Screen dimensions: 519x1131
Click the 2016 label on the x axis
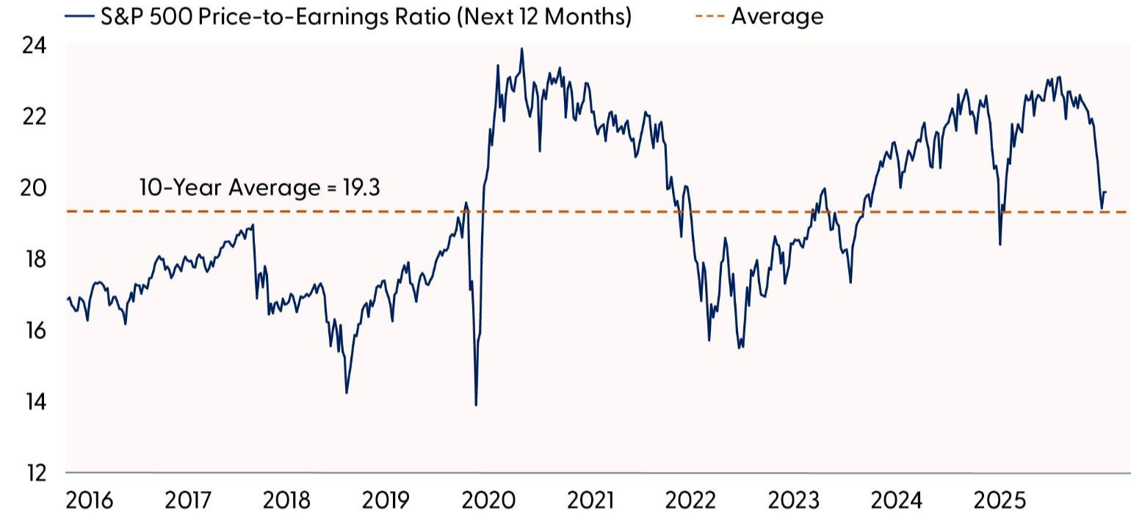coord(90,501)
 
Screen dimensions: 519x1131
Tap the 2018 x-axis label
coord(286,501)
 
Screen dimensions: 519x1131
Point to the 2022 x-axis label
coord(690,501)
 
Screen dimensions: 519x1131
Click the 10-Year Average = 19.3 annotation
coord(260,188)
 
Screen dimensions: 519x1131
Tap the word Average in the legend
coord(777,15)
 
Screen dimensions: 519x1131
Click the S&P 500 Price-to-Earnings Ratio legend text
coord(365,15)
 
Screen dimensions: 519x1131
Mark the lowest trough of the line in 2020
coord(476,404)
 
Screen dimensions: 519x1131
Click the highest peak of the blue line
coord(521,49)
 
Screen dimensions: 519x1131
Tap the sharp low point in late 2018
coord(347,393)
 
